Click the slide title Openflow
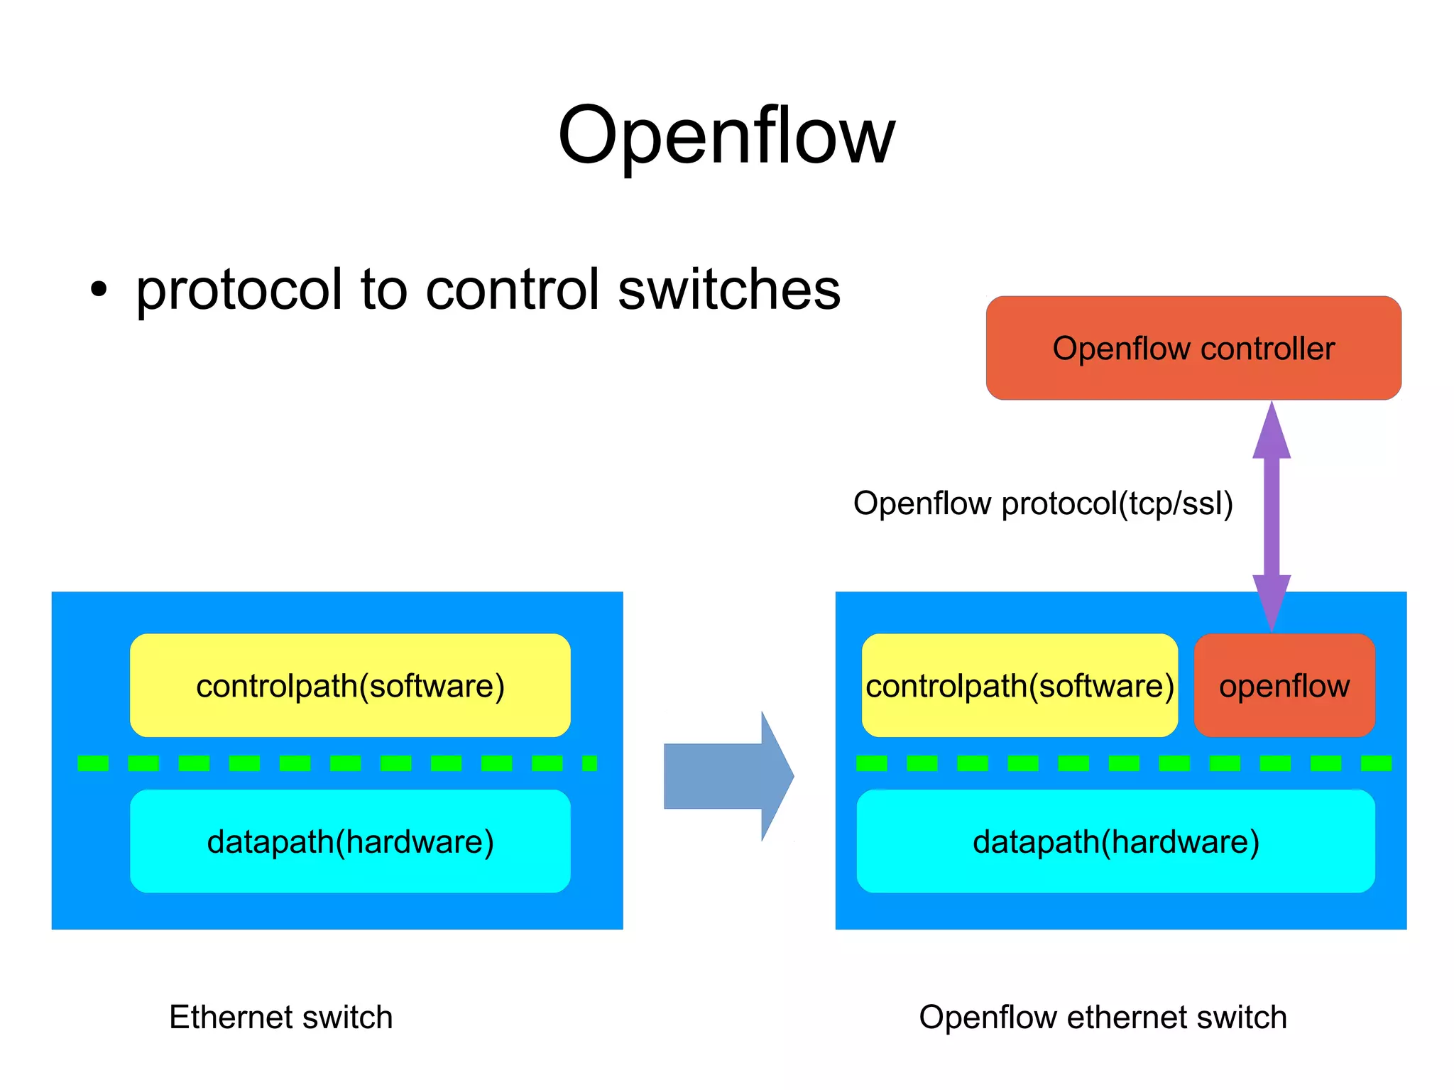[726, 135]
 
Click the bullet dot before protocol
[99, 290]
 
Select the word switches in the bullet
[729, 290]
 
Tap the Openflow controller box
[1193, 348]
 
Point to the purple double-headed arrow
[1271, 517]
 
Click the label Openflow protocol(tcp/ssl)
[1042, 503]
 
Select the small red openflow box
[1284, 686]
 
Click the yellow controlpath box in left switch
[350, 686]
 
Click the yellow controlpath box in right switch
[1020, 686]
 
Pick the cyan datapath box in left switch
[350, 841]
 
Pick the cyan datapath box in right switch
[1115, 841]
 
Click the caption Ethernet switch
[280, 1017]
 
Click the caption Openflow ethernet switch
[1102, 1017]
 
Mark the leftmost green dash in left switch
[93, 763]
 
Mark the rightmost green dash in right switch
[1376, 763]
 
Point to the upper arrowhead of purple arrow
[1271, 431]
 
